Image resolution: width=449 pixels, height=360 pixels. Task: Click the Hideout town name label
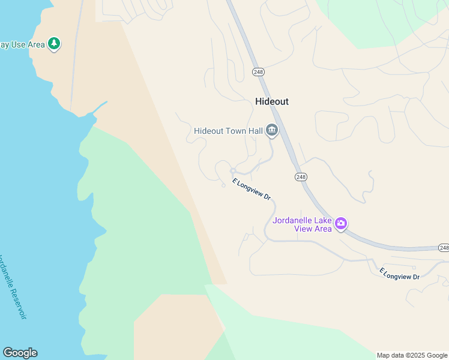[x=271, y=101]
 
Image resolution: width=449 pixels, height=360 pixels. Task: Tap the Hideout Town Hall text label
[x=228, y=131]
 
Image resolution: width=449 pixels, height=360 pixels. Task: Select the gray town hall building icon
[x=272, y=130]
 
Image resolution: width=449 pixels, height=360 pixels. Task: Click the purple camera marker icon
[x=341, y=224]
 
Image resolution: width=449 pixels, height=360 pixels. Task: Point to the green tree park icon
[x=55, y=44]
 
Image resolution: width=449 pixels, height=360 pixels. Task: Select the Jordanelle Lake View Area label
[x=302, y=224]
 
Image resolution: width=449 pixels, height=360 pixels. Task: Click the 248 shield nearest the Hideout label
[x=258, y=72]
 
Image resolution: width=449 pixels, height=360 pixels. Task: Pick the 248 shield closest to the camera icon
[x=301, y=176]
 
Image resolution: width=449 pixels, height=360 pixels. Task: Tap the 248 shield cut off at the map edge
[x=444, y=248]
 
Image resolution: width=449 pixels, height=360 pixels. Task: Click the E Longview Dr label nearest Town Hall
[x=252, y=190]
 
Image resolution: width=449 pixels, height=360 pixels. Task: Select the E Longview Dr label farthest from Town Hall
[x=399, y=274]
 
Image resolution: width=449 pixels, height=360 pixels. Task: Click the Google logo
[x=20, y=353]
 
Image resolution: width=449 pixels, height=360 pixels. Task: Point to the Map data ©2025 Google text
[x=412, y=355]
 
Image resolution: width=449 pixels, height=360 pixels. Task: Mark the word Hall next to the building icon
[x=255, y=131]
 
